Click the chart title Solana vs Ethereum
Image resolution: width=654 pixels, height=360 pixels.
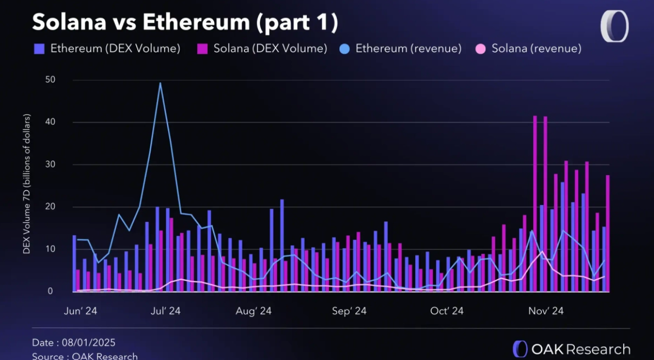tap(185, 22)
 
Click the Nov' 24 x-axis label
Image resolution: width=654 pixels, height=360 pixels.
tap(546, 311)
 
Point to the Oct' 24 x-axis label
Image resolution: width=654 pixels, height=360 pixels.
tap(446, 311)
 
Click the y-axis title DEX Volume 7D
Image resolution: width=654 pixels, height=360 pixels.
tap(27, 184)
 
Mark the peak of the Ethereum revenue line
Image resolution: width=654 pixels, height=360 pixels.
tap(160, 83)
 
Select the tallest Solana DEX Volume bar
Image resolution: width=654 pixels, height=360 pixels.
tap(535, 203)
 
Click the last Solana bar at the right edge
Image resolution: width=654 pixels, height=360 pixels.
tap(608, 233)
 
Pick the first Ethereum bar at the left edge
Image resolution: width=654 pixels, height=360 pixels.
tap(74, 263)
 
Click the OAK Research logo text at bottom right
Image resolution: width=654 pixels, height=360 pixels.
tap(580, 349)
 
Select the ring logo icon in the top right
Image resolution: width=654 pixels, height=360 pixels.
tap(614, 26)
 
